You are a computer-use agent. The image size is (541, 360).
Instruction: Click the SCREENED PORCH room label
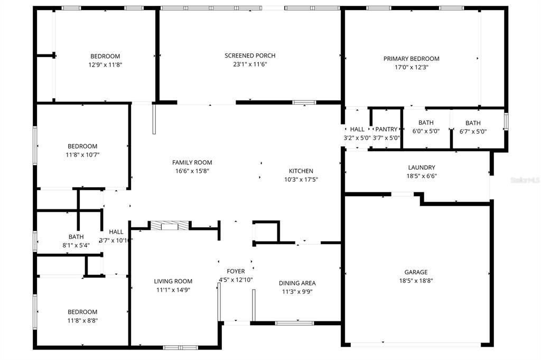click(250, 56)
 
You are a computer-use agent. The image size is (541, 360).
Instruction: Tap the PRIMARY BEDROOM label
click(411, 59)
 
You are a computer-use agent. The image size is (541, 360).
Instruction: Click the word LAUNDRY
click(421, 168)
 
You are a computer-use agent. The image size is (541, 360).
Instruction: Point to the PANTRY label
click(386, 129)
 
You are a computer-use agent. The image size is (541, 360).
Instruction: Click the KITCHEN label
click(301, 171)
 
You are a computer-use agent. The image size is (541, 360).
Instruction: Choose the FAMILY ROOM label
click(192, 162)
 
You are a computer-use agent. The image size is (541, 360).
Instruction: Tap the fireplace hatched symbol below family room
click(169, 226)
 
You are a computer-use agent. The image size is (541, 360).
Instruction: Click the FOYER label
click(236, 271)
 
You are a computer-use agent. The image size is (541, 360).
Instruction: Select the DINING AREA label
click(297, 283)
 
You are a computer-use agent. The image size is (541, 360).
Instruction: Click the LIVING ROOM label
click(173, 281)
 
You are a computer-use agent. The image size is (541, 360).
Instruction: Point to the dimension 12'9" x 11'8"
click(105, 64)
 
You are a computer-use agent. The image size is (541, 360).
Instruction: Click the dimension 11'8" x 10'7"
click(82, 155)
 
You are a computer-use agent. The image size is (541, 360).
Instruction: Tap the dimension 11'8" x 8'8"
click(82, 320)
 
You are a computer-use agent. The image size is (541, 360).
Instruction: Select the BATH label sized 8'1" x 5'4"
click(76, 237)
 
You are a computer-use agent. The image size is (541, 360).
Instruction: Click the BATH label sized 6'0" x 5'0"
click(426, 123)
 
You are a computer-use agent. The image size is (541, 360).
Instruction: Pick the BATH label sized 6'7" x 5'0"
click(473, 123)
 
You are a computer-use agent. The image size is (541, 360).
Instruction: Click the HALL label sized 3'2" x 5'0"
click(357, 129)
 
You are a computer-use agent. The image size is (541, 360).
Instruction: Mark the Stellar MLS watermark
click(525, 180)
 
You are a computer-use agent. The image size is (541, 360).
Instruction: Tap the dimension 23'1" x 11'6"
click(250, 64)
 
